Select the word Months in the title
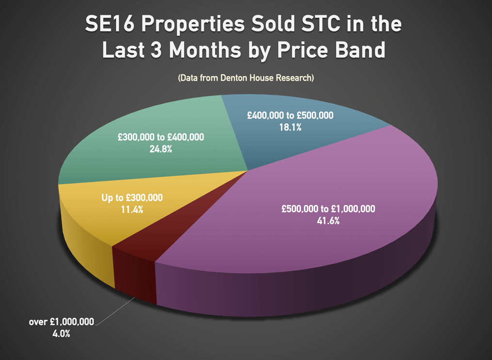point(212,50)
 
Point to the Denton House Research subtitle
point(246,78)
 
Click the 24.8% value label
point(161,149)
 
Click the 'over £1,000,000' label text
point(62,322)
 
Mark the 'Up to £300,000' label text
point(132,198)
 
